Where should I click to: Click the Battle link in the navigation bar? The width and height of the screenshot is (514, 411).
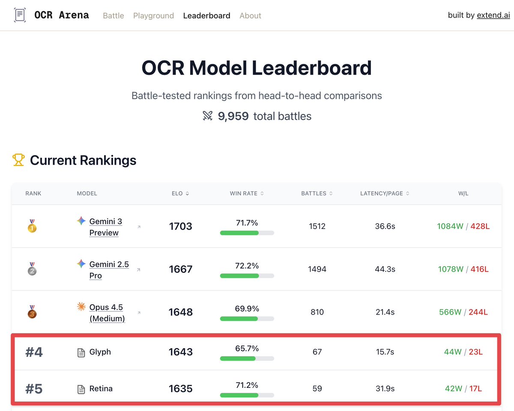[114, 16]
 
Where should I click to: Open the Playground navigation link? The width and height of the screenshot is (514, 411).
[153, 16]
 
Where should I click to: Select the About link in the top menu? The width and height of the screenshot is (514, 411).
[250, 16]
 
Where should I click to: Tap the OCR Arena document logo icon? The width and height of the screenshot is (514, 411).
[20, 15]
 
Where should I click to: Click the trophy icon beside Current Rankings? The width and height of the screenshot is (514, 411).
[18, 160]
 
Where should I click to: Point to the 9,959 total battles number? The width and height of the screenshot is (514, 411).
[233, 116]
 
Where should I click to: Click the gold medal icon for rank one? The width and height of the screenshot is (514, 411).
[32, 226]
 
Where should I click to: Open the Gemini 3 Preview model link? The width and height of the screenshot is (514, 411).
[105, 227]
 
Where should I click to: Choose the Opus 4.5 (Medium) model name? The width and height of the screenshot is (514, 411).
[107, 312]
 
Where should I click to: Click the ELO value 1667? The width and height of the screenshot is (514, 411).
[180, 269]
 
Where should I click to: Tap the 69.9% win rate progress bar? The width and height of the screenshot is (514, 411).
[247, 318]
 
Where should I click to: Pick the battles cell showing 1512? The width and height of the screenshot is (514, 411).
[317, 226]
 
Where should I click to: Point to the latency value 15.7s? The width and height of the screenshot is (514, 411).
[385, 352]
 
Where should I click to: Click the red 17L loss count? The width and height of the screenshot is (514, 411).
[475, 389]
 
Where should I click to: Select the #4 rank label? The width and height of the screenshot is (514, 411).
[34, 352]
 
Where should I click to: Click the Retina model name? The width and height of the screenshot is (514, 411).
[101, 389]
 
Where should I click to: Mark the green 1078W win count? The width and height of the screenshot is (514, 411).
[451, 269]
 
